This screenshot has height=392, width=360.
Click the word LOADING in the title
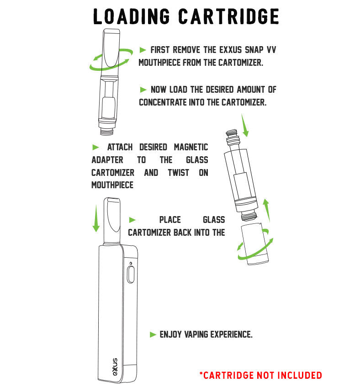point(132,16)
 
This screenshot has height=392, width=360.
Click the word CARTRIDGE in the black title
point(228,16)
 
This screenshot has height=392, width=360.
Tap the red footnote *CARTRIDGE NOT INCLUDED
point(260,376)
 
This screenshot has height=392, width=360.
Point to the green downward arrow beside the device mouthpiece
point(96,218)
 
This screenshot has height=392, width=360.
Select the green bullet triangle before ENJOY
point(153,335)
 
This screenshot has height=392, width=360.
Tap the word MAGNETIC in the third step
point(191,147)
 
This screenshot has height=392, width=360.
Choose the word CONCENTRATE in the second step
point(166,102)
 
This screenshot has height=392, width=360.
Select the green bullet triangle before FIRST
point(143,49)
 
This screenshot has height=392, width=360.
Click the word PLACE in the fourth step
point(170,220)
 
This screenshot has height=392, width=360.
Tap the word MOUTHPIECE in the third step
point(112,185)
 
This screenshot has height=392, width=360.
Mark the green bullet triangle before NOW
point(143,90)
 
